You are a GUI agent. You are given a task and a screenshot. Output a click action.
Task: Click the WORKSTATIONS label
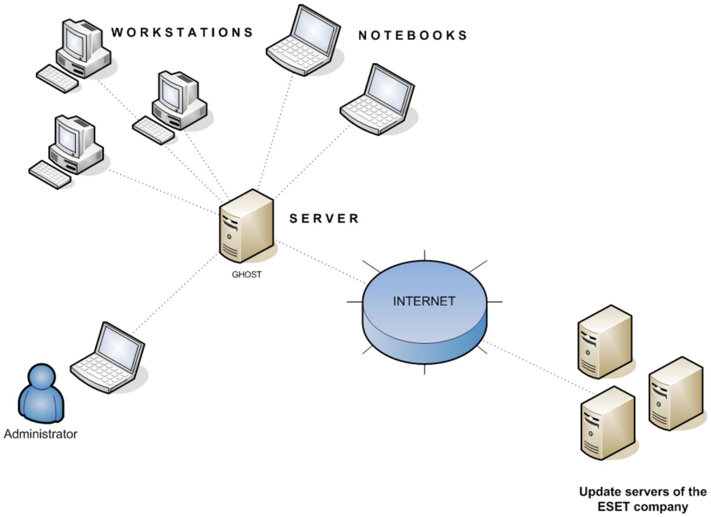(182, 32)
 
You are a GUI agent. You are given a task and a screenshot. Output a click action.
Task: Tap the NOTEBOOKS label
(413, 35)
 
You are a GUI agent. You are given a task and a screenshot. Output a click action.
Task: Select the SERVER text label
(324, 219)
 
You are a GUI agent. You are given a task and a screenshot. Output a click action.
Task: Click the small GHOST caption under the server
(246, 274)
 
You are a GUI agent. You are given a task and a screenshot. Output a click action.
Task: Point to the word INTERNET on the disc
(424, 301)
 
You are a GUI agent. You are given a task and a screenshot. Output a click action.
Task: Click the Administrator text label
(40, 434)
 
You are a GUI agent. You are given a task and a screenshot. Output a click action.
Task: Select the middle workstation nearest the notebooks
(172, 106)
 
